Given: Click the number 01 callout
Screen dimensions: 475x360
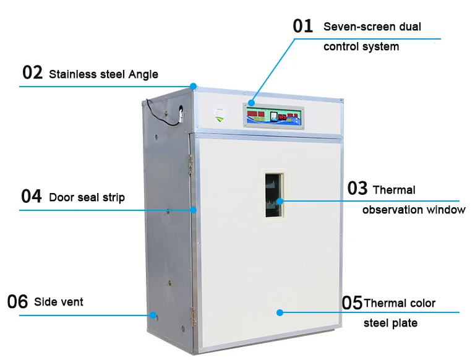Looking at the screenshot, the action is pos(303,26).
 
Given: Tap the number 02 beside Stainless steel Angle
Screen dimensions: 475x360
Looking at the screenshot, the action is pos(32,72).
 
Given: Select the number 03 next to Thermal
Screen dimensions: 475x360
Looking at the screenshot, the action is pos(357,189).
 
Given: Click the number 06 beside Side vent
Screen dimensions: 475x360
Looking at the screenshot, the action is pos(17,302).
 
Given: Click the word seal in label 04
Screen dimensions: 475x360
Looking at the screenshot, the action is pos(90,198).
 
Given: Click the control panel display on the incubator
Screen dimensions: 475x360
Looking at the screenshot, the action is pos(273,116).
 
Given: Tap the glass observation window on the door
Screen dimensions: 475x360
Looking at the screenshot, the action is pos(275,194).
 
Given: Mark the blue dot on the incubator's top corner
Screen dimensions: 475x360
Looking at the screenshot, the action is pos(194,86).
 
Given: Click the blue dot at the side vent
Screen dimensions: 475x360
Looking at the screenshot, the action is pos(152,315).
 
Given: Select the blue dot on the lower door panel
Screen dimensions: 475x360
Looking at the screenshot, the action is pos(280,312).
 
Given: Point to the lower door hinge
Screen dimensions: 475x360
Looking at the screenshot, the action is pos(192,316).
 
